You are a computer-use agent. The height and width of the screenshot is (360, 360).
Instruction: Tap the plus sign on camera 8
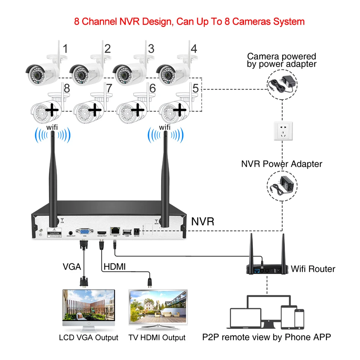tap(52, 110)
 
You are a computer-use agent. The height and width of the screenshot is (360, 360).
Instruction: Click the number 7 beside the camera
tap(109, 88)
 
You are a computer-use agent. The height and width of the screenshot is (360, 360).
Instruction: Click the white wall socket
tap(282, 131)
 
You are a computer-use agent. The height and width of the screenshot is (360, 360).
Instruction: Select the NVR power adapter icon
tap(282, 184)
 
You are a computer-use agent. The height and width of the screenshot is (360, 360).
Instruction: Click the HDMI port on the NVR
tap(102, 232)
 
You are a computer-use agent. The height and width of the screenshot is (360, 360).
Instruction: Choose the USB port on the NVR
tap(127, 231)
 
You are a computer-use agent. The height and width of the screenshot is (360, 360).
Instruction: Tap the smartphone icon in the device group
tap(299, 319)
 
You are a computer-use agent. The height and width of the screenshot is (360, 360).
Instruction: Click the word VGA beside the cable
tap(72, 267)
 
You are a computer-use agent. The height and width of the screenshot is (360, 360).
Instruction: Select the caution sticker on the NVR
tap(53, 232)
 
